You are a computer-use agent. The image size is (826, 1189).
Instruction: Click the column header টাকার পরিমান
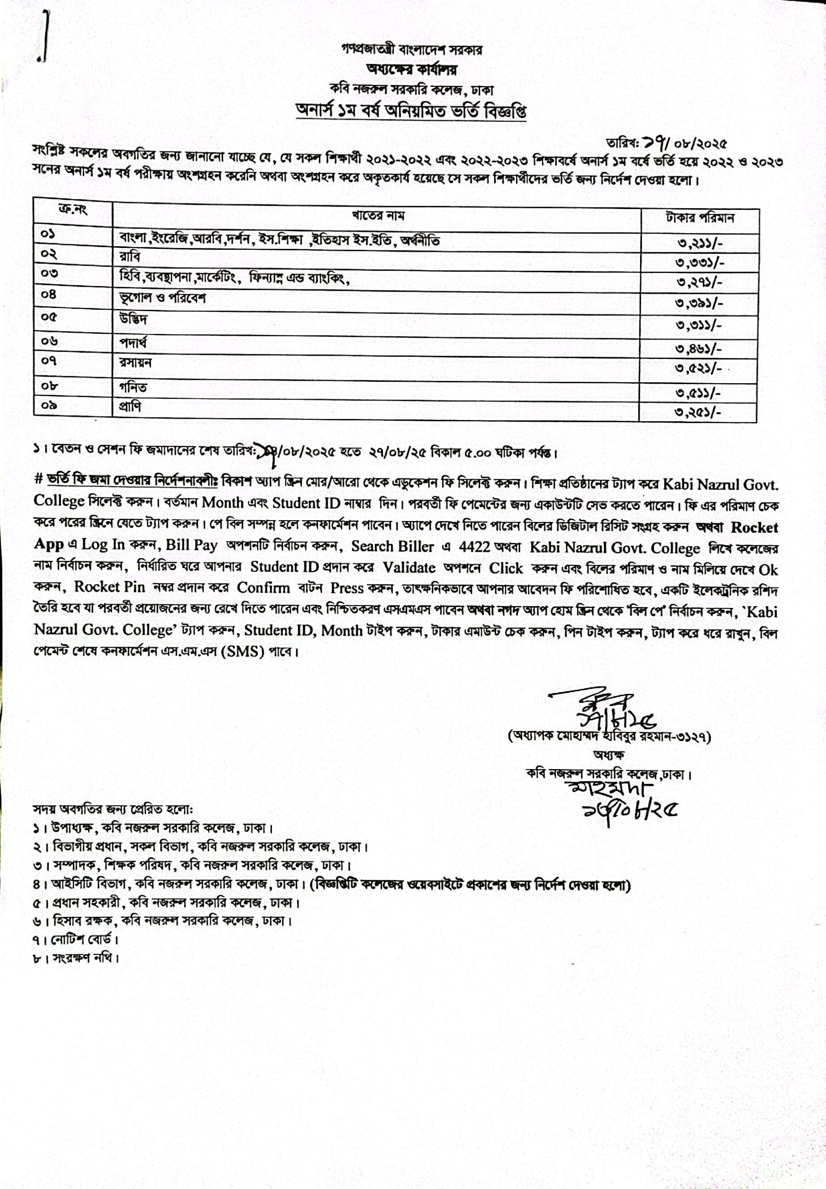(700, 218)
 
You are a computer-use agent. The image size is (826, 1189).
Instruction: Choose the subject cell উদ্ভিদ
(133, 319)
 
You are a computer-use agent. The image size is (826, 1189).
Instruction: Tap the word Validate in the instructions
(409, 568)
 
